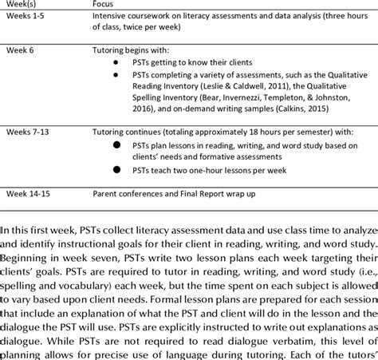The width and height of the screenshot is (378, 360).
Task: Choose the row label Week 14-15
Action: [31, 193]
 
